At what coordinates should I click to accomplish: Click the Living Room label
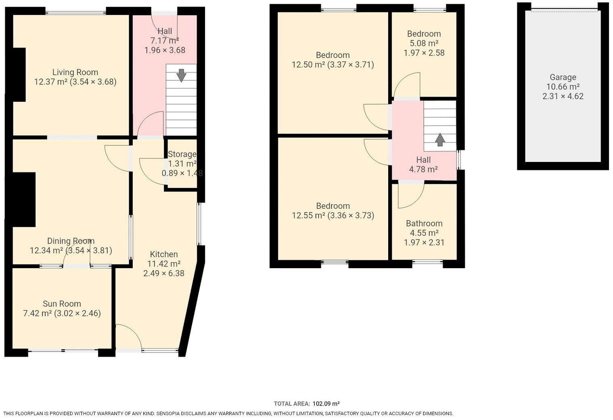point(75,72)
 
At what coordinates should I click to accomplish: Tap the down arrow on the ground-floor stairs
point(181,75)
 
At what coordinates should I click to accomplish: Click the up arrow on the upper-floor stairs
point(439,140)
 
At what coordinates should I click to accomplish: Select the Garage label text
point(563,77)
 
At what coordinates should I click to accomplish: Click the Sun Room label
point(62,304)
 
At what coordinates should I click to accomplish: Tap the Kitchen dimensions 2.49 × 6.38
point(163,273)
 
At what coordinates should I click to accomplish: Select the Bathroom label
point(424,223)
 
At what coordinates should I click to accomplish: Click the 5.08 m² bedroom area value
point(424,43)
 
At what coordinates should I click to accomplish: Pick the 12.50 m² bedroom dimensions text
point(350,65)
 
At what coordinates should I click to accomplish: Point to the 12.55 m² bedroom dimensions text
point(350,215)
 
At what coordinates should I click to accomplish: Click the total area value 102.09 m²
point(326,403)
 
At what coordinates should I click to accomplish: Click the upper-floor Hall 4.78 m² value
point(423,169)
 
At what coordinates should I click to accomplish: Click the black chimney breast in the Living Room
point(19,74)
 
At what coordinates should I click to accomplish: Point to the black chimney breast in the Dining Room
point(23,199)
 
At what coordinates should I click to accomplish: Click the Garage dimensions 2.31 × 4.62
point(563,96)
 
